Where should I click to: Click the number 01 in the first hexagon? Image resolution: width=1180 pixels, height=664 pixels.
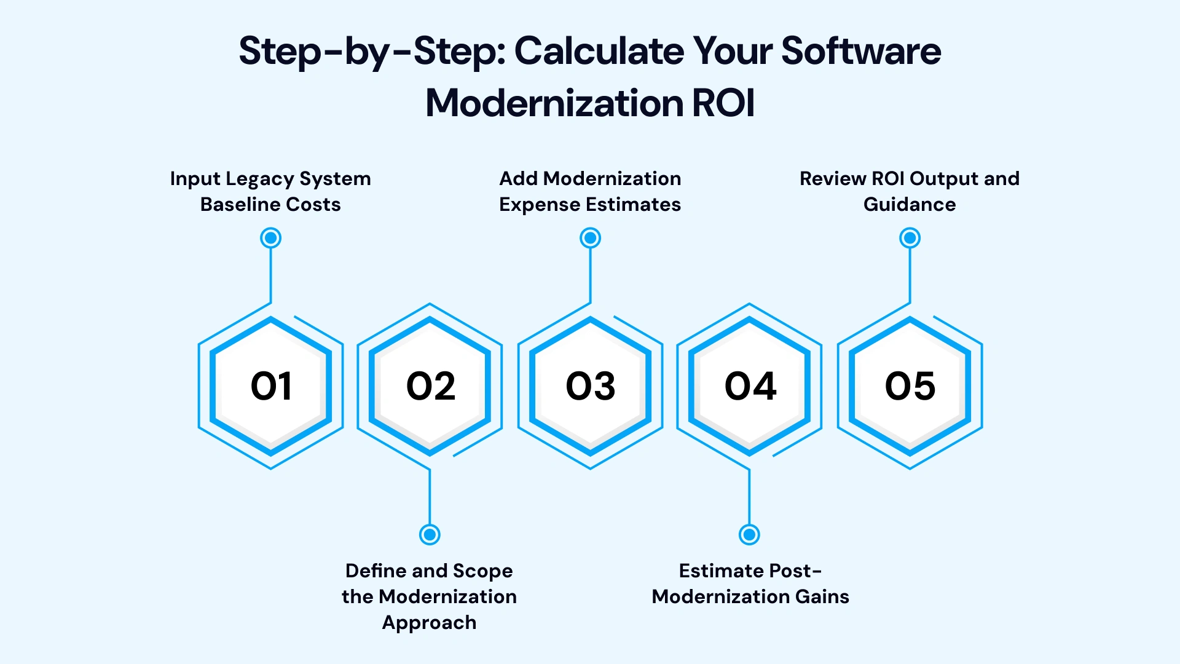(271, 386)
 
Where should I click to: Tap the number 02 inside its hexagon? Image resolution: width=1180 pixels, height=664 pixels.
(430, 386)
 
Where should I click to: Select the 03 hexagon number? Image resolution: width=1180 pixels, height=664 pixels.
(590, 386)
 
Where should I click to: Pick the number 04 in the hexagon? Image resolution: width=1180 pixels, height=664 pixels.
(750, 386)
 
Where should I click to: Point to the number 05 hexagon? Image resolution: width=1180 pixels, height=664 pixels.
(910, 386)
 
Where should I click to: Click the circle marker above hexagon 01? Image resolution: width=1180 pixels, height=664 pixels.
(271, 238)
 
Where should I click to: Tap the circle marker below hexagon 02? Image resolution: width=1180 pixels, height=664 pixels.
(430, 534)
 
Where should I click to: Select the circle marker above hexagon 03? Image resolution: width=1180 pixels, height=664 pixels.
(590, 238)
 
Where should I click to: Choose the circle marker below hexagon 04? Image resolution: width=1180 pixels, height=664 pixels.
(749, 534)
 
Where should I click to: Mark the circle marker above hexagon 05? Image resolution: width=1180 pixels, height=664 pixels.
(910, 238)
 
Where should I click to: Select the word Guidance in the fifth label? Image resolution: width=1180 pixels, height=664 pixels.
(910, 204)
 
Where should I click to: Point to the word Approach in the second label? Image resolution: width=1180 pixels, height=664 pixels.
(429, 623)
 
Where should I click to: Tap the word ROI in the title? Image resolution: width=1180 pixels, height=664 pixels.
(723, 103)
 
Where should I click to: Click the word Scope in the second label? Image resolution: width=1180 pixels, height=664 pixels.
(482, 571)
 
